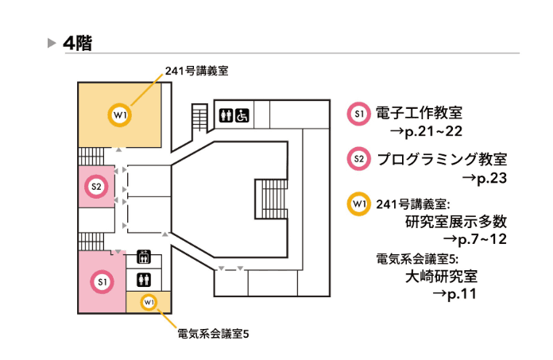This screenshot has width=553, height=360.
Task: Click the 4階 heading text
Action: coord(78,43)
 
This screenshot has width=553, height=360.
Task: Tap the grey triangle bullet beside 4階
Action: coord(52,43)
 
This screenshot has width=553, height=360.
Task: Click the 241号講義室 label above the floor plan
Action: coord(196,70)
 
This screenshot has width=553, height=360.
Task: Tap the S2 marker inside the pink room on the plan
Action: coord(96,187)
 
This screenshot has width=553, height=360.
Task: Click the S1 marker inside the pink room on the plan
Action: coord(102,282)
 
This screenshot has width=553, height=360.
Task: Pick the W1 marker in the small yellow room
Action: coord(149,302)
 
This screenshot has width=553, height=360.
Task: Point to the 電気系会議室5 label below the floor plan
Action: coord(213,334)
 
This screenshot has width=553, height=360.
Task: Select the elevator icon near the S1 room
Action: coord(144,256)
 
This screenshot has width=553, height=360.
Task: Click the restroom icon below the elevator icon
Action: coord(144,279)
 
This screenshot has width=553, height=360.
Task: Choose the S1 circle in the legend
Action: coord(358,114)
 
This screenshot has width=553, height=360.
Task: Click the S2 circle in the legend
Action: coord(358,159)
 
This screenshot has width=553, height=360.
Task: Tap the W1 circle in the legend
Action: coord(358,203)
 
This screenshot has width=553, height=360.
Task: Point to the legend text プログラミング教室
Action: coord(442,159)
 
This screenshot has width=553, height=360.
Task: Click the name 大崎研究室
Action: coord(440,277)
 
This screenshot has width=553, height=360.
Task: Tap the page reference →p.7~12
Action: coord(475,238)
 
